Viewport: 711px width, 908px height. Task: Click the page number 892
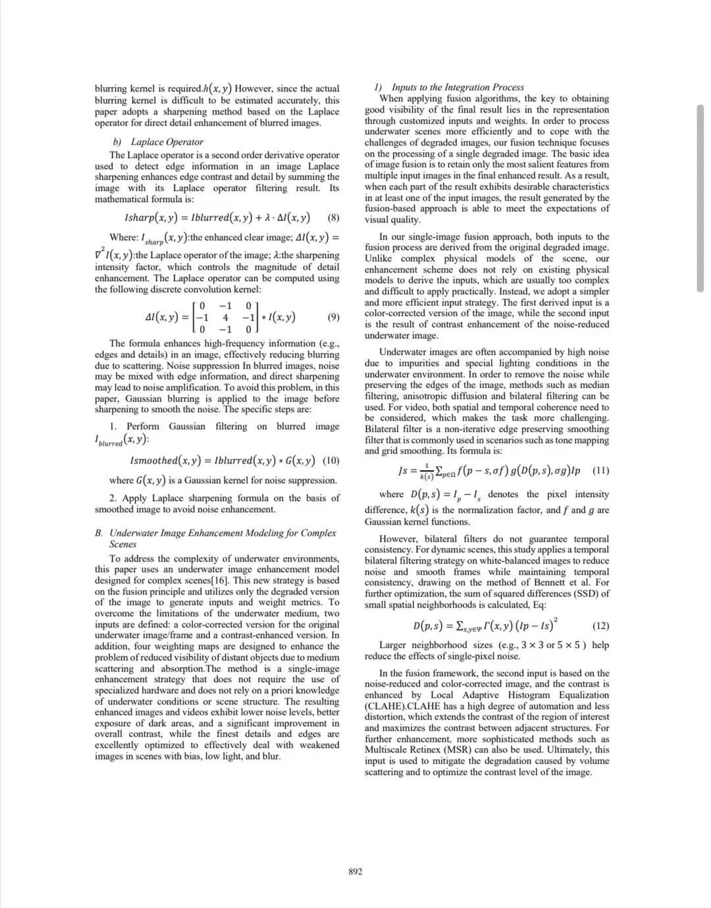click(355, 872)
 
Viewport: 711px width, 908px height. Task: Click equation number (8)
click(333, 218)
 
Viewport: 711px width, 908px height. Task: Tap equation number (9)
click(333, 317)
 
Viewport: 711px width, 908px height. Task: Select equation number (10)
click(331, 460)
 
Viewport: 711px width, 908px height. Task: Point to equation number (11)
click(600, 471)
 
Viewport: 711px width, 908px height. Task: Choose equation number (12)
click(600, 626)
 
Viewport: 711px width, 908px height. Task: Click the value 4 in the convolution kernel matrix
click(225, 317)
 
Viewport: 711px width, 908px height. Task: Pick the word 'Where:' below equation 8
click(124, 237)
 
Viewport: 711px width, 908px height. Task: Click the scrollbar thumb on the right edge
click(700, 198)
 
